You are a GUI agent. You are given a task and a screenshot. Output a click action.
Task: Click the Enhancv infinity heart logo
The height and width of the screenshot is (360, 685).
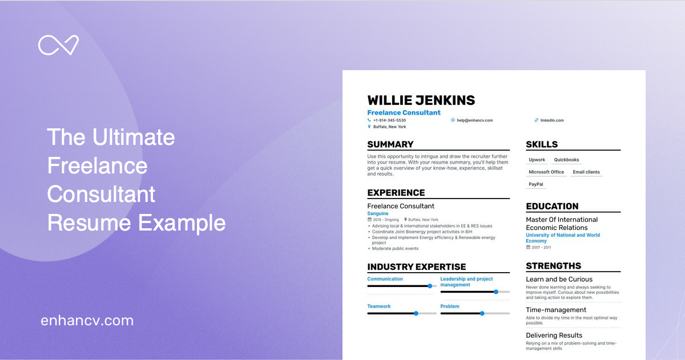point(58,45)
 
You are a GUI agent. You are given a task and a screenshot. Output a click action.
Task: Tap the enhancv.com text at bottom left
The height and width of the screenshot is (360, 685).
point(87,321)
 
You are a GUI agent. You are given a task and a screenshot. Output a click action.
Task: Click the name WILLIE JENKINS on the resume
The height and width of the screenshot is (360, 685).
point(421,100)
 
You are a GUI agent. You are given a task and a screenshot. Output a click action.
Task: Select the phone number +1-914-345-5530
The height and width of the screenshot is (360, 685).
point(389,120)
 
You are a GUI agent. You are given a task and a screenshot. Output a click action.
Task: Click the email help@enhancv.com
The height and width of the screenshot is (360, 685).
point(474,120)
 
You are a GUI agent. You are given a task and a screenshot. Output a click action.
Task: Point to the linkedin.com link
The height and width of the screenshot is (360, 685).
point(551,120)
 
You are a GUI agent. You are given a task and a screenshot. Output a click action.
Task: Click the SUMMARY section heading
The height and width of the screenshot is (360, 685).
point(390,144)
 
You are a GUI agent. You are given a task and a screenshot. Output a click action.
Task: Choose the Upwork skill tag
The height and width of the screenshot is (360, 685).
point(537,160)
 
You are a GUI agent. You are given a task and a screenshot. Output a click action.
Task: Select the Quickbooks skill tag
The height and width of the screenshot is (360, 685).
point(566,160)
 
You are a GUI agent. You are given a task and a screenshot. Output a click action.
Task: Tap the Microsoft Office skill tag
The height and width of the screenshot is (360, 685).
point(546,172)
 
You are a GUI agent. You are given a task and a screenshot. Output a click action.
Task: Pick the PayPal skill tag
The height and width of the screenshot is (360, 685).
point(536,184)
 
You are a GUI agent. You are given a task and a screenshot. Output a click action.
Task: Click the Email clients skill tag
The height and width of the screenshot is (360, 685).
point(586,172)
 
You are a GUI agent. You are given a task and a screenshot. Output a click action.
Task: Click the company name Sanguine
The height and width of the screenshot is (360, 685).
point(377,213)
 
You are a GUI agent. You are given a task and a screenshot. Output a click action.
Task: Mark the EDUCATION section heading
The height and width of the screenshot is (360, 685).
point(552,207)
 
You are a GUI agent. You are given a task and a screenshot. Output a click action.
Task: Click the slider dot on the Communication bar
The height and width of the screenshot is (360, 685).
point(430,286)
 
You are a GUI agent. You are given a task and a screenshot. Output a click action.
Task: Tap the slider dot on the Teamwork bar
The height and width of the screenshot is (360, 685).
point(416,313)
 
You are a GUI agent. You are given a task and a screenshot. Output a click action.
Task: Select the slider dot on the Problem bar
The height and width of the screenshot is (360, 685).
point(482,313)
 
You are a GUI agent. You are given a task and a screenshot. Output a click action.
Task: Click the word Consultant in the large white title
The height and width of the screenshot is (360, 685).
point(101,194)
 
